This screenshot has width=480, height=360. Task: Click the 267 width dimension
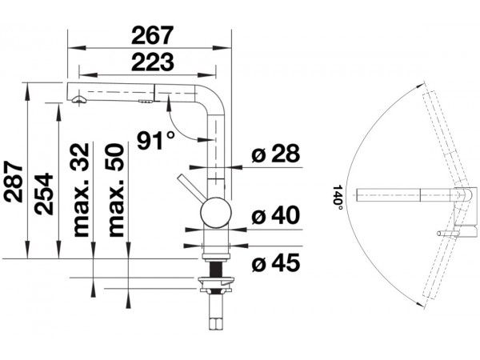[153, 35]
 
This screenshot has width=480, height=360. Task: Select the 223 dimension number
[153, 62]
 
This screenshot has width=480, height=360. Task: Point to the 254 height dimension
[43, 194]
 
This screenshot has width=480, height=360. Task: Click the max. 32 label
[81, 190]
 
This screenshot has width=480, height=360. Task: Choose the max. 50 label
[116, 190]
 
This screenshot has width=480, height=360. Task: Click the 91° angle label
[156, 141]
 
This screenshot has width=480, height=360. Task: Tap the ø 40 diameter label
[275, 215]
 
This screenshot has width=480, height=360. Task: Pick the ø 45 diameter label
[275, 262]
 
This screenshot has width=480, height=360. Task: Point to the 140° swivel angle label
[338, 198]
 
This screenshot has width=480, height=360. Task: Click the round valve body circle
[216, 213]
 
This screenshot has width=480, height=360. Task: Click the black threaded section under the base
[216, 269]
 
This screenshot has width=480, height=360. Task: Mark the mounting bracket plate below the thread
[217, 280]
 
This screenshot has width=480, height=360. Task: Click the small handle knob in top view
[447, 234]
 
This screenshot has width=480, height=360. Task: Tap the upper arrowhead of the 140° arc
[422, 85]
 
